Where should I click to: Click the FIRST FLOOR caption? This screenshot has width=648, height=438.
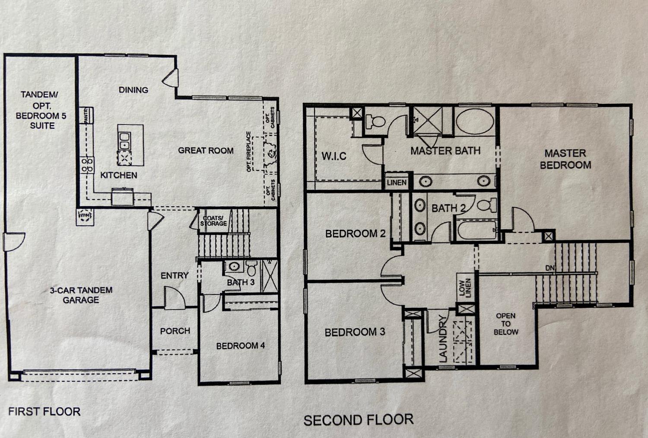pyautogui.click(x=44, y=411)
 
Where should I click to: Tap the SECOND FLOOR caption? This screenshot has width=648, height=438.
pyautogui.click(x=358, y=420)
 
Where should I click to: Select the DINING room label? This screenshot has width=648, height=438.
pyautogui.click(x=133, y=90)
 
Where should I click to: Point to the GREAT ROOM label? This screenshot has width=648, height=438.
pyautogui.click(x=206, y=150)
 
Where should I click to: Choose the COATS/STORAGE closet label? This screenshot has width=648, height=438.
pyautogui.click(x=213, y=221)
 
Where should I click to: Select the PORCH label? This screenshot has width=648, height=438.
pyautogui.click(x=175, y=331)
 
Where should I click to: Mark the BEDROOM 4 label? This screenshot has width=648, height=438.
pyautogui.click(x=240, y=346)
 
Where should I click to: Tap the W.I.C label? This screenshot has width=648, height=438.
pyautogui.click(x=334, y=156)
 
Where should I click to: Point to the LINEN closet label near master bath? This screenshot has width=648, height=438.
pyautogui.click(x=397, y=183)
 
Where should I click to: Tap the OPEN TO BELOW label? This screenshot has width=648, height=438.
pyautogui.click(x=506, y=324)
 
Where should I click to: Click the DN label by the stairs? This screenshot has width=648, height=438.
pyautogui.click(x=550, y=268)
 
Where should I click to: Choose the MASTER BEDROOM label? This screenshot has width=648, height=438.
pyautogui.click(x=565, y=159)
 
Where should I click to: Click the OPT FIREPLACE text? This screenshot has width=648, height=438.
pyautogui.click(x=249, y=151)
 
